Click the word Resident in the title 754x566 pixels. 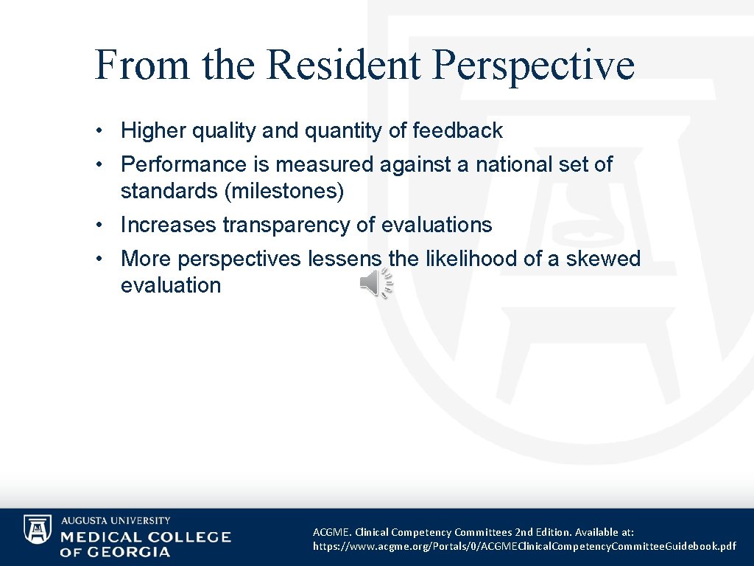(x=343, y=65)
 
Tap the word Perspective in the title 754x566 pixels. (x=533, y=65)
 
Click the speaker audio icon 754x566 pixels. (x=376, y=284)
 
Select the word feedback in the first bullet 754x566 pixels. (x=457, y=131)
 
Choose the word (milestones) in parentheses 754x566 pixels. (x=286, y=192)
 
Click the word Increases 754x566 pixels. (x=168, y=225)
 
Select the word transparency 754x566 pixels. (x=286, y=225)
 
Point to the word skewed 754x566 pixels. (x=603, y=259)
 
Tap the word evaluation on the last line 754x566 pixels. (x=170, y=285)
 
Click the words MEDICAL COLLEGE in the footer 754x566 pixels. (x=145, y=537)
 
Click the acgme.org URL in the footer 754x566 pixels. (x=524, y=546)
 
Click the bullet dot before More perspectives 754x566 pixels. (x=98, y=259)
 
